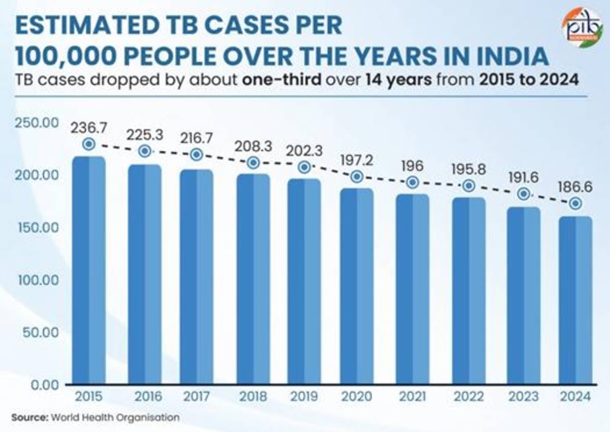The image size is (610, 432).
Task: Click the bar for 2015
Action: [x=89, y=270]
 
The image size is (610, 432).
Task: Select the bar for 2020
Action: [x=357, y=286]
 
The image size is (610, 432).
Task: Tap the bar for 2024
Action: [x=575, y=300]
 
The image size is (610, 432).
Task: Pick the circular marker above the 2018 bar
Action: [x=254, y=163]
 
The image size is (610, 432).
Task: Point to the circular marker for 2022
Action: [x=469, y=186]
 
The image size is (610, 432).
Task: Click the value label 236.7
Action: [x=89, y=128]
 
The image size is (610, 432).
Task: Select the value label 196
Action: [x=413, y=166]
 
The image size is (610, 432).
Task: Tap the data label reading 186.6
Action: [x=575, y=187]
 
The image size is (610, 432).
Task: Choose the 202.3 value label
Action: [x=304, y=151]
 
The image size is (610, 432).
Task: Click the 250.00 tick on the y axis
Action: [x=37, y=123]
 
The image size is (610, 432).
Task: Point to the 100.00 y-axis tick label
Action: [x=39, y=280]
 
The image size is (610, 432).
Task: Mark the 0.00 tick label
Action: [x=45, y=385]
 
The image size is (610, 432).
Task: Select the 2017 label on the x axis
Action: [x=197, y=396]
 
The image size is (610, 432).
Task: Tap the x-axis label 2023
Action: [x=524, y=396]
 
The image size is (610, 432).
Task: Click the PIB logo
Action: [x=583, y=27]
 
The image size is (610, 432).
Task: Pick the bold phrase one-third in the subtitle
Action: [x=282, y=80]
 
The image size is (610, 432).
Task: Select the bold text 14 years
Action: [x=399, y=80]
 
